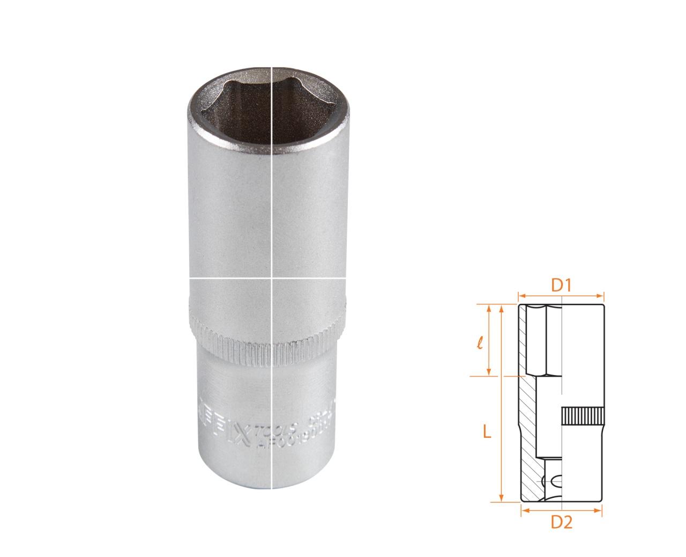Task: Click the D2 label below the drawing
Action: (x=562, y=522)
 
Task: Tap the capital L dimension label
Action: (x=487, y=431)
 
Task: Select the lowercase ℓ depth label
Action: (x=480, y=342)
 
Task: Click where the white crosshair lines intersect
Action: (x=272, y=278)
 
